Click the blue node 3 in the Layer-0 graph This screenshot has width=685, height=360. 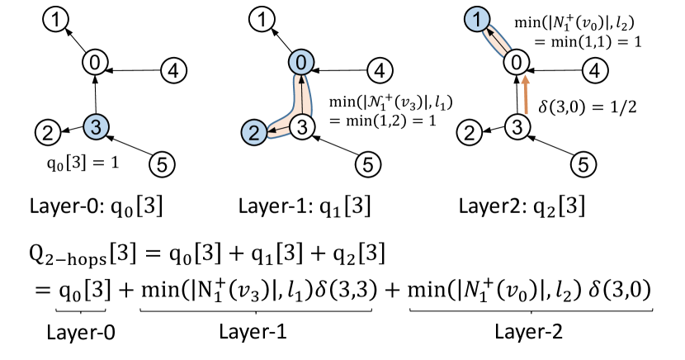point(97,126)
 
